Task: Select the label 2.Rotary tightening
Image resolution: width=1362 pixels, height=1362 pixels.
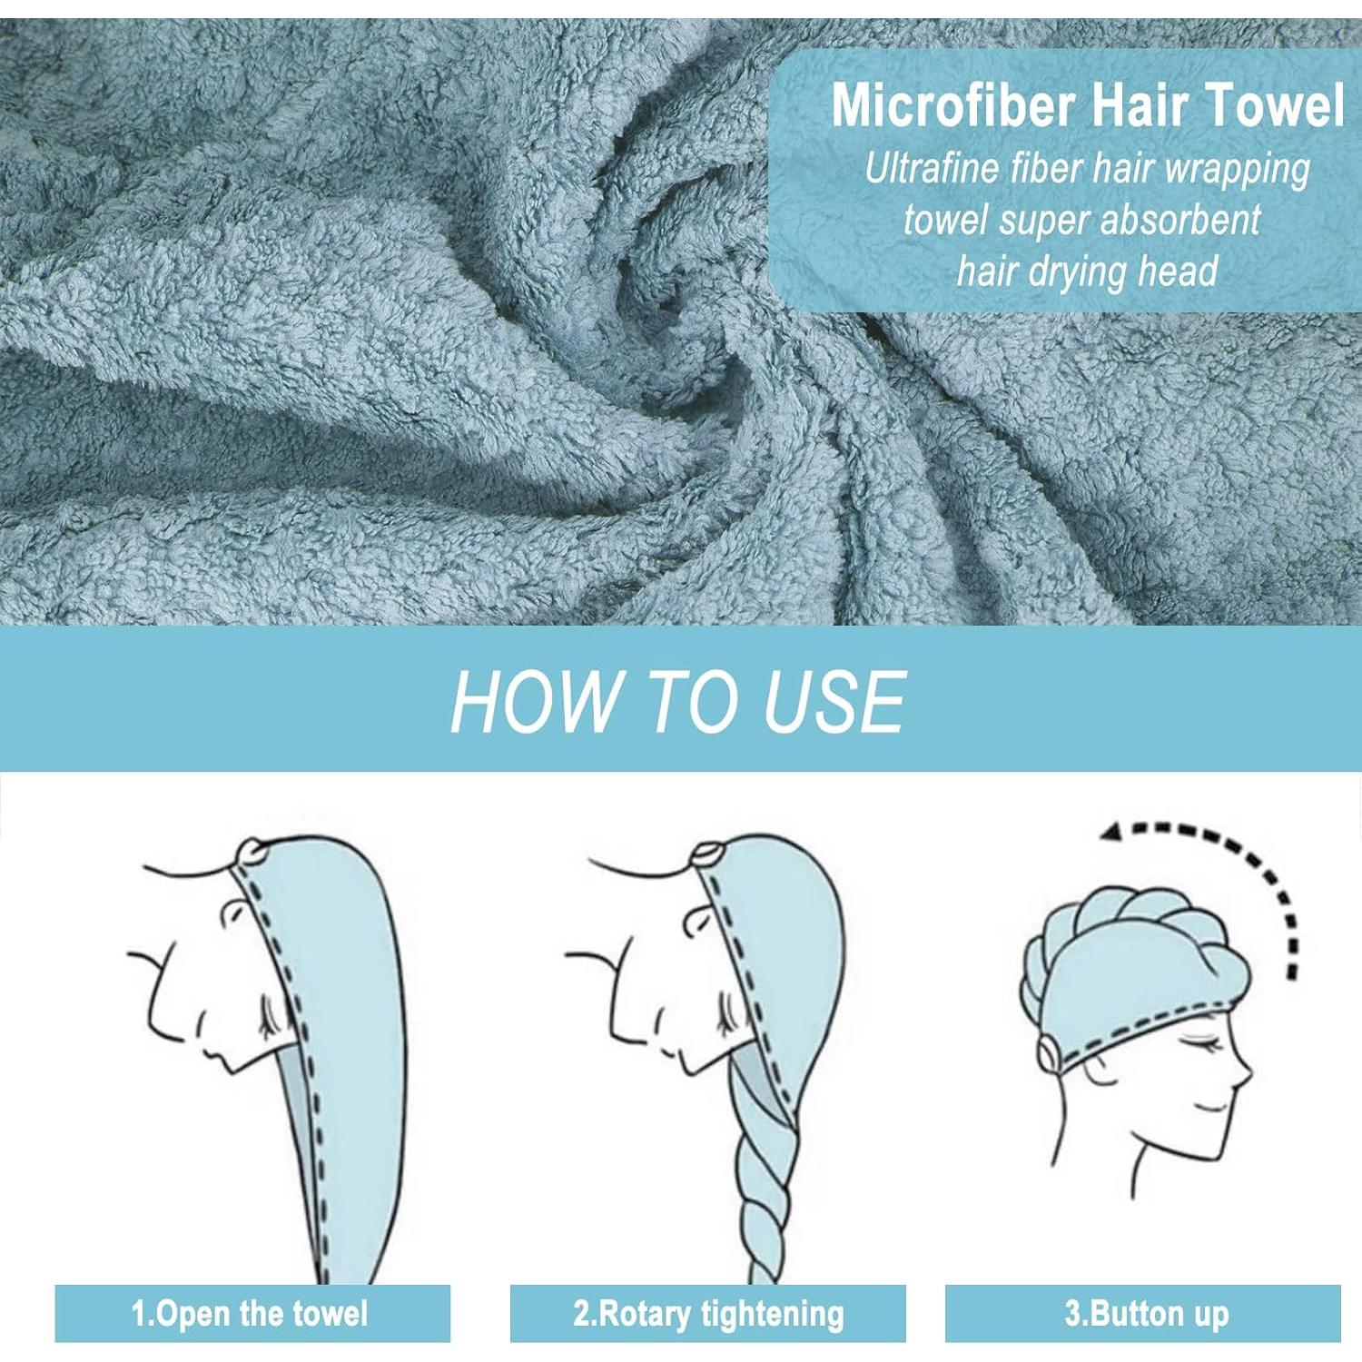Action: click(x=708, y=1313)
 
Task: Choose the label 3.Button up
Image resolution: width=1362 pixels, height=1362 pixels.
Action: click(x=1146, y=1313)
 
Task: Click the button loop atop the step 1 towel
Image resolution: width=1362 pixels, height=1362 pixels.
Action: click(x=252, y=853)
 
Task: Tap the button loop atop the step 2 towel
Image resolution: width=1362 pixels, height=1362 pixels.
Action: click(x=707, y=854)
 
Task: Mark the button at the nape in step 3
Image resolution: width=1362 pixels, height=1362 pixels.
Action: click(x=1050, y=1053)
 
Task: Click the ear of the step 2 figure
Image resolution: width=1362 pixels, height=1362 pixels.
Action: click(x=698, y=922)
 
